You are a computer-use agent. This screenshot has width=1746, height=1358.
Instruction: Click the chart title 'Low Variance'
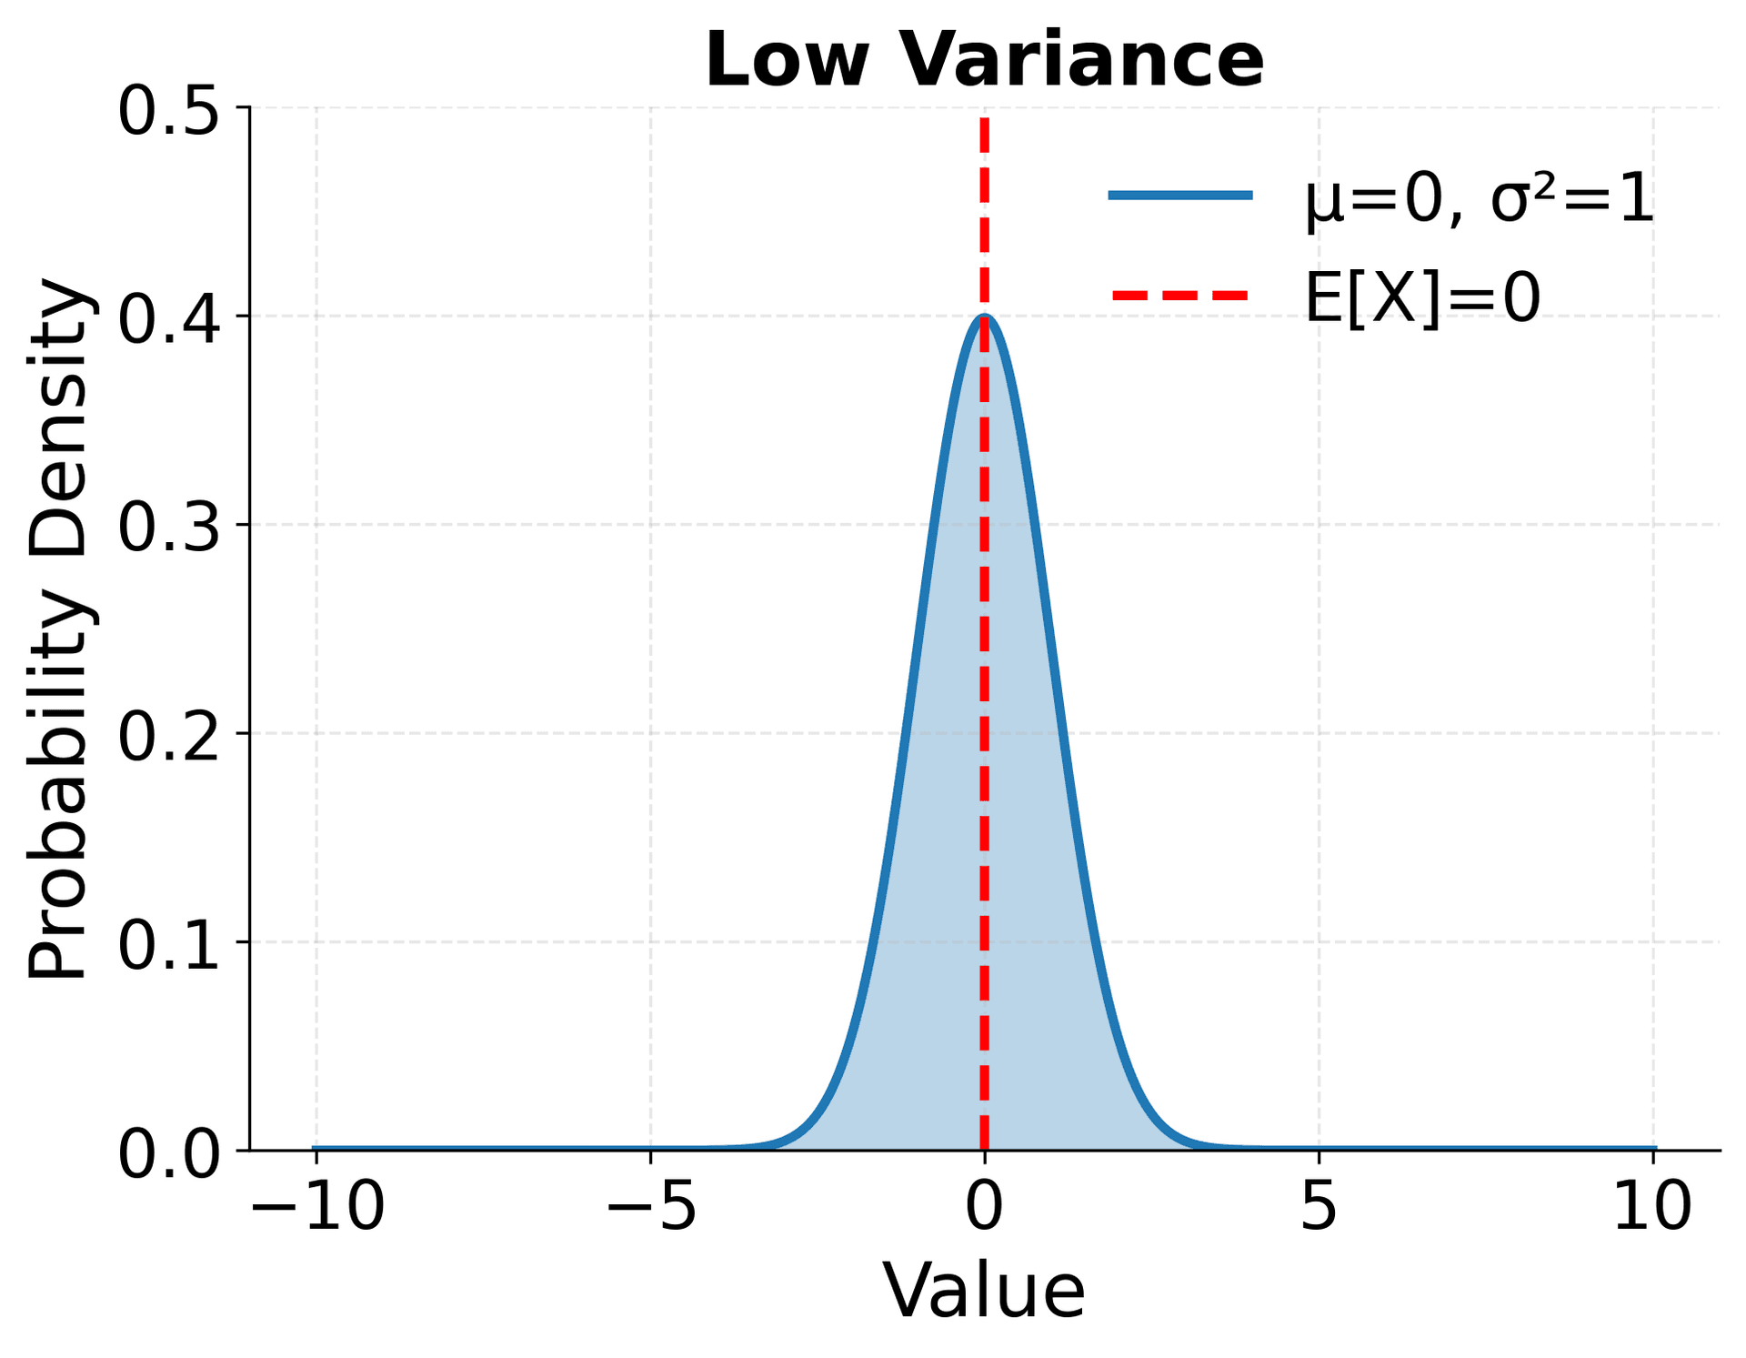984,60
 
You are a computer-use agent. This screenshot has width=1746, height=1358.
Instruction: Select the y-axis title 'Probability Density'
58,629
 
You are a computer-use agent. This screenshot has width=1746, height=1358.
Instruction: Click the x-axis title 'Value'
984,1291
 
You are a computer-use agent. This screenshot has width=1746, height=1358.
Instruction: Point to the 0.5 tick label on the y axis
170,111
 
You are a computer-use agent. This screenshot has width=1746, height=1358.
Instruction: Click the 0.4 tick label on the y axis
170,317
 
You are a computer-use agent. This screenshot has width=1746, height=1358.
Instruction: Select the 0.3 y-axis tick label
170,526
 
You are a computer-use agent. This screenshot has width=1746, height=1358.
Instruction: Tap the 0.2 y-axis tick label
170,734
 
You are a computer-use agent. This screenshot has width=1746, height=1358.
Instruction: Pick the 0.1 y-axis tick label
170,943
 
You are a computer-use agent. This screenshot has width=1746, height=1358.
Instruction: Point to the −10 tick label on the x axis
317,1208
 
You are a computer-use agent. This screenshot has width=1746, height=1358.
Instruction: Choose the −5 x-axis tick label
651,1208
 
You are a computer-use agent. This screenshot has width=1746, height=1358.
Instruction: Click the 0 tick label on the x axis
984,1208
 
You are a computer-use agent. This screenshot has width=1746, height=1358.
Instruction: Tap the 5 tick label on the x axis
1319,1208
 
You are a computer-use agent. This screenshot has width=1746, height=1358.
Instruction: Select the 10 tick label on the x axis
1652,1208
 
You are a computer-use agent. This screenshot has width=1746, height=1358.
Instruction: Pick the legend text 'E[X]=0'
1422,298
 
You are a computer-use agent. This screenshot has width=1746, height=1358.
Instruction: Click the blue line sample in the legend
1180,196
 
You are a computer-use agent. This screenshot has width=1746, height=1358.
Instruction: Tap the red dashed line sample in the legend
1180,296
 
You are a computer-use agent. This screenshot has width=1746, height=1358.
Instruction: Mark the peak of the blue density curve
985,317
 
